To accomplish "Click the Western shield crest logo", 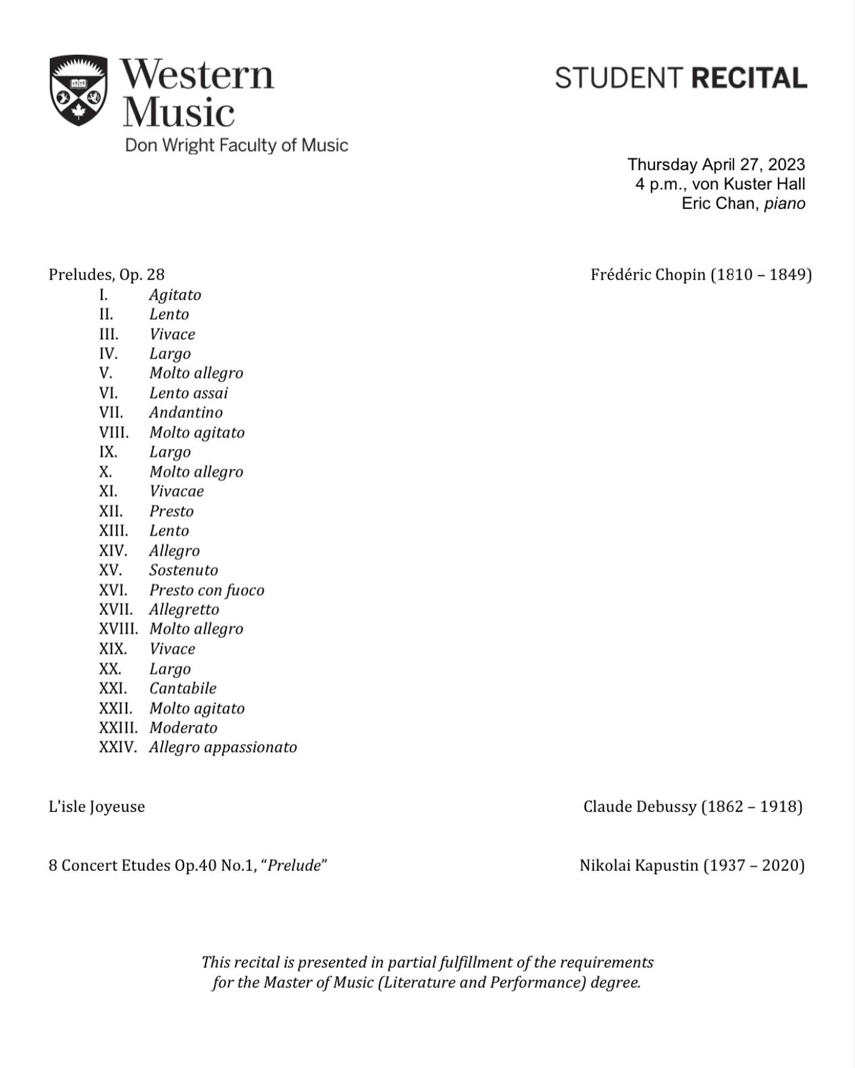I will click(78, 90).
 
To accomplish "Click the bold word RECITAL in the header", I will click(749, 78).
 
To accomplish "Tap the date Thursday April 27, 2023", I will click(716, 164).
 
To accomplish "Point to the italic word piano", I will click(784, 204).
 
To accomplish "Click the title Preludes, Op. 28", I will click(106, 275).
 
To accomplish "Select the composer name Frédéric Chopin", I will click(648, 275).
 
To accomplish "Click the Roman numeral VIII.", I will click(113, 433).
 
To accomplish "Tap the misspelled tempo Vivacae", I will click(176, 492).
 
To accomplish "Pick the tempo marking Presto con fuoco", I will click(207, 590).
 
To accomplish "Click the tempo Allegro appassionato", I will click(223, 747).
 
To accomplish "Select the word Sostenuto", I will click(183, 571).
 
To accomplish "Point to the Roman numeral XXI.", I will click(113, 689).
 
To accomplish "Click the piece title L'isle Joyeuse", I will click(97, 807).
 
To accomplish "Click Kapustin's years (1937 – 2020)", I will click(754, 866).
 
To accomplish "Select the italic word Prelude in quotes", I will click(294, 866).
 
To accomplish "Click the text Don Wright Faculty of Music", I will click(236, 145).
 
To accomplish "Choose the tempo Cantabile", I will click(183, 689).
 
